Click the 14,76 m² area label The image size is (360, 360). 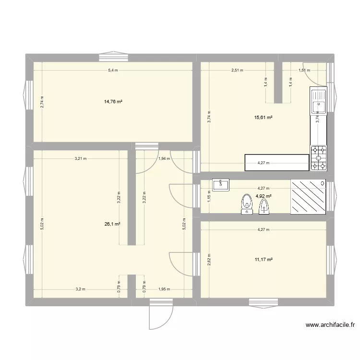(x=113, y=102)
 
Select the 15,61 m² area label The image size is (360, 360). (x=263, y=118)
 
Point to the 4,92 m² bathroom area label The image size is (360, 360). (x=264, y=196)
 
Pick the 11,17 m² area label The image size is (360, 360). (x=264, y=260)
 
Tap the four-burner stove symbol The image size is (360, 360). (x=318, y=158)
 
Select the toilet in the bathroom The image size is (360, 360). (x=247, y=204)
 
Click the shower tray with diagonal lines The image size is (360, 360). (x=308, y=197)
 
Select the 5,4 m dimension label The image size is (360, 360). (x=113, y=71)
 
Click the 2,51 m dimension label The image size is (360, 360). (x=237, y=71)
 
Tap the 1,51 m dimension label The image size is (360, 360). (x=304, y=71)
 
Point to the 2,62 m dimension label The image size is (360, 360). (x=208, y=260)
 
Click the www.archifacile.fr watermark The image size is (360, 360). (x=330, y=325)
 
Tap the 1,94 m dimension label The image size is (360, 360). (x=164, y=158)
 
